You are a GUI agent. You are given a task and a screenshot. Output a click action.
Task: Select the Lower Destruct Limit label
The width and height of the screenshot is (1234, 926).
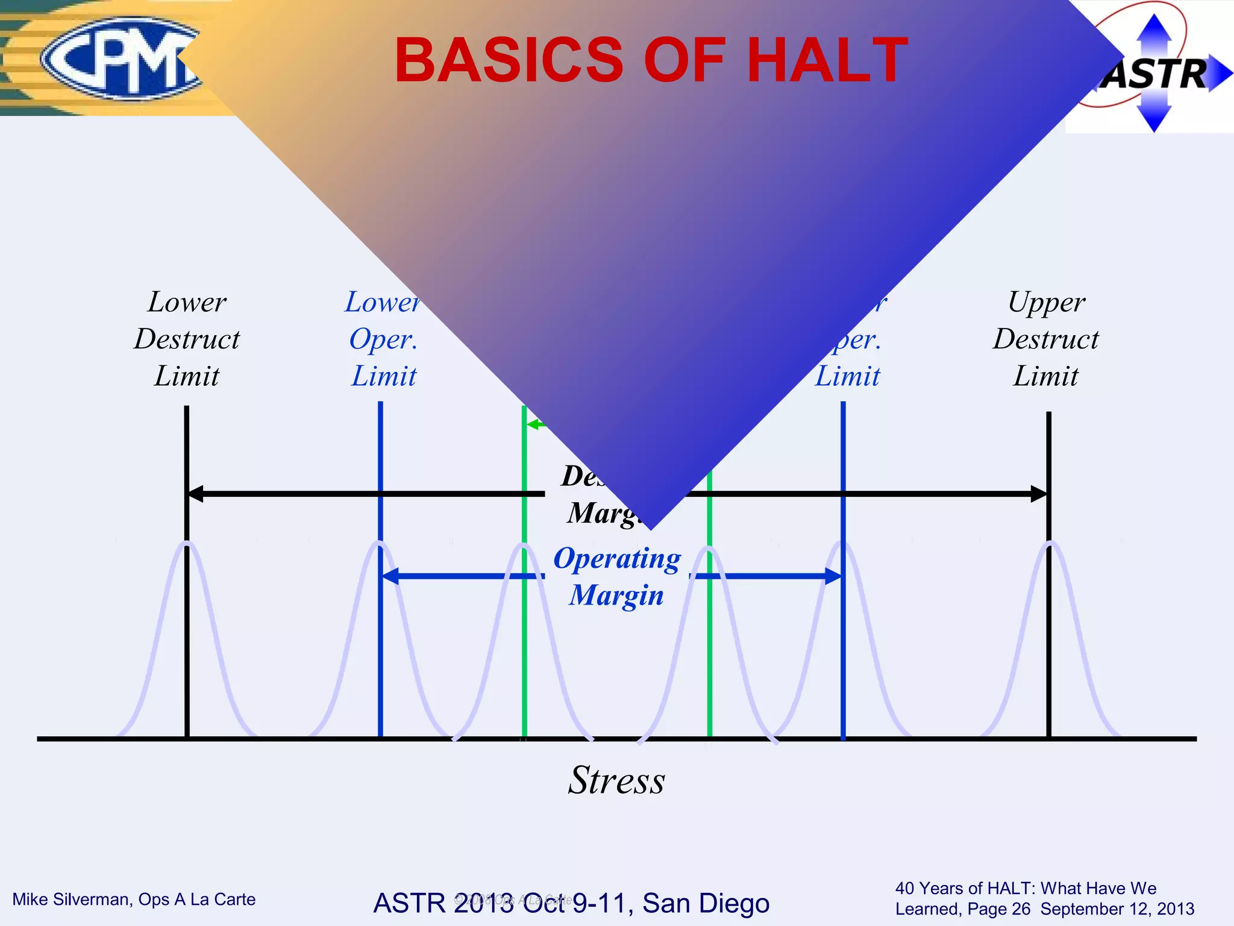coord(187,339)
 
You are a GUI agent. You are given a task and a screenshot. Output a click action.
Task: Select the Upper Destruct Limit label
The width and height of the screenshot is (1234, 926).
coord(1046,339)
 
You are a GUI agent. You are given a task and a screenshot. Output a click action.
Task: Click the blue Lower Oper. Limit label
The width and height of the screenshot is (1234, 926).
coord(383,339)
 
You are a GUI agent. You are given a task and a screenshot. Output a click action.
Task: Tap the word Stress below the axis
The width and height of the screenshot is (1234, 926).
coord(616,781)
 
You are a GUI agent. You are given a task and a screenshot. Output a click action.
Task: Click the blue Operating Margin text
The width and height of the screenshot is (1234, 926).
coord(617,576)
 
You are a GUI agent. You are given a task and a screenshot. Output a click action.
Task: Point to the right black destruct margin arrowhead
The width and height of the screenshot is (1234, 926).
coord(1039,494)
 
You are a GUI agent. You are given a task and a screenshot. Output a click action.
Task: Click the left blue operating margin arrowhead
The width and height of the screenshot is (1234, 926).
coord(390,576)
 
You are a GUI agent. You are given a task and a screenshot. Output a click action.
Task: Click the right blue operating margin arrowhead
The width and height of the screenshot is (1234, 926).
coord(833,576)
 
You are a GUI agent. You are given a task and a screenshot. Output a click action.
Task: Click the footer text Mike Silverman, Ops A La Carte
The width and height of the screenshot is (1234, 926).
coord(134,899)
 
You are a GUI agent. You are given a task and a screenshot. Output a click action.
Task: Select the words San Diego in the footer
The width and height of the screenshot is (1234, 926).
coord(706,903)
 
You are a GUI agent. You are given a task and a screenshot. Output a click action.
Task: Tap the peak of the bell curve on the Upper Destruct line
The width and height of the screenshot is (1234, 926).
coord(1050,544)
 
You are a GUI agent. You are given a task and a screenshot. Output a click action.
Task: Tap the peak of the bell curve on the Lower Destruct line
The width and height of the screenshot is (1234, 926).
coord(187,544)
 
